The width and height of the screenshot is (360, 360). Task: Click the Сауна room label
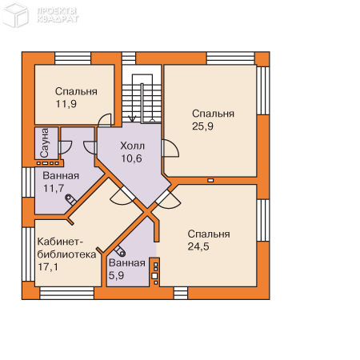[45, 143]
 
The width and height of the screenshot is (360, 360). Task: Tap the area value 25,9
[202, 126]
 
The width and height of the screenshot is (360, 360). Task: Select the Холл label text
[133, 146]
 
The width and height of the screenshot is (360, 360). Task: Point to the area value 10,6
[131, 158]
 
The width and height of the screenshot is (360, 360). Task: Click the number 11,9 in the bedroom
[66, 104]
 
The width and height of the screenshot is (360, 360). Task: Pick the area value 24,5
[198, 246]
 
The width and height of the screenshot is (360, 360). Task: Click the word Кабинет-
[60, 242]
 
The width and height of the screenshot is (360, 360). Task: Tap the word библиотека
[66, 254]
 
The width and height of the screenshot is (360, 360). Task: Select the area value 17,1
[48, 266]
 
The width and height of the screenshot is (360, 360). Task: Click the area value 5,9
[116, 275]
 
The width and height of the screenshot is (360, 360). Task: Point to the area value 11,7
[54, 189]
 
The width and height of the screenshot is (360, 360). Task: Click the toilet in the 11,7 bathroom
[71, 200]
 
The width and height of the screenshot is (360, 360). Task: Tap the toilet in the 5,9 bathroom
[120, 251]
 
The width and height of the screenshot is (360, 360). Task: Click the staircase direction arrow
[132, 118]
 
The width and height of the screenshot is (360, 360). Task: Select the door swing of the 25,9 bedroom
[170, 148]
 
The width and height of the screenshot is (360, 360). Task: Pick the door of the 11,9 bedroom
[105, 120]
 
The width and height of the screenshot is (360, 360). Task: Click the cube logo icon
[15, 14]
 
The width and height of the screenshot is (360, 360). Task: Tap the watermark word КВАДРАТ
[58, 19]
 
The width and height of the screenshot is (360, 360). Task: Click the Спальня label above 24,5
[209, 234]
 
